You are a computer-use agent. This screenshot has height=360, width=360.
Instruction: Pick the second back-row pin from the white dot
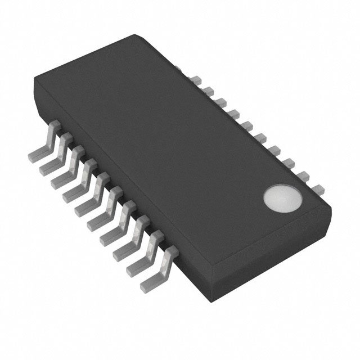(303, 174)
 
